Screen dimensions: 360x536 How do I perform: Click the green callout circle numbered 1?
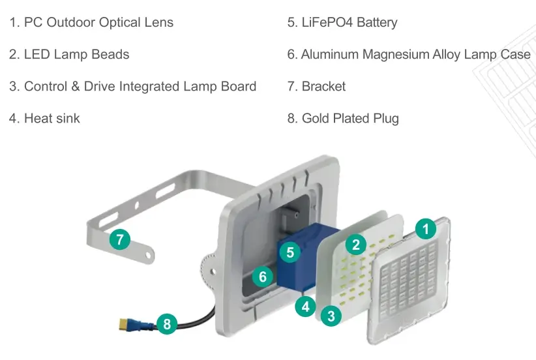[x=426, y=228]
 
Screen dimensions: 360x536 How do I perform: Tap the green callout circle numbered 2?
[x=355, y=245]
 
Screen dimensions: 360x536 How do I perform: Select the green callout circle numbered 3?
[x=331, y=316]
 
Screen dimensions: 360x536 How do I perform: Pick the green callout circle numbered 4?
[x=305, y=305]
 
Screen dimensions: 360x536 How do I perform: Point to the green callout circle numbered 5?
[x=290, y=251]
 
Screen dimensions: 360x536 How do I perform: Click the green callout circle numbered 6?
[x=262, y=277]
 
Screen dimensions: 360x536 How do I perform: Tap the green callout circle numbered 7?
[x=120, y=239]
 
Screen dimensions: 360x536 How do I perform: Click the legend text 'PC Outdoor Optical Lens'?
[x=98, y=22]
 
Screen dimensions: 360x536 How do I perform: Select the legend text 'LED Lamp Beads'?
[x=76, y=54]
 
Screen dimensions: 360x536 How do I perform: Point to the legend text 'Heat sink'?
[x=52, y=118]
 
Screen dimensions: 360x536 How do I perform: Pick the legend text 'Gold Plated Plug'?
[x=350, y=118]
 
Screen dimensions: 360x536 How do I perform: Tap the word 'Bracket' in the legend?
[x=323, y=86]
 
